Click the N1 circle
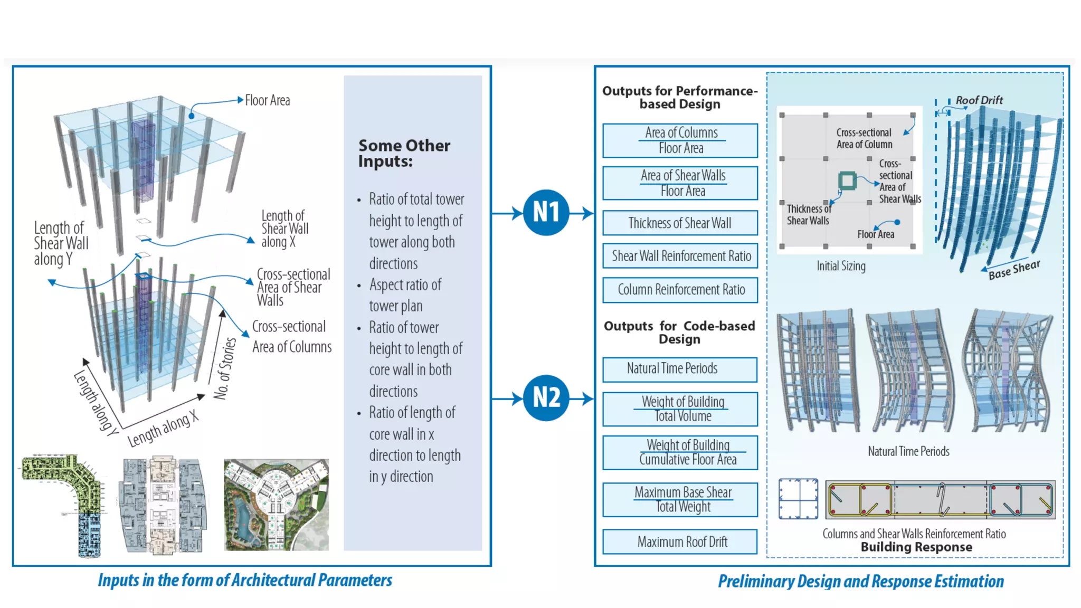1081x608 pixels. click(546, 212)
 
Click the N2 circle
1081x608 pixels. click(546, 397)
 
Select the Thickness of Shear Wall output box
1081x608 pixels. click(680, 223)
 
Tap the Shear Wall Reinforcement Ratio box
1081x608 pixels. click(680, 256)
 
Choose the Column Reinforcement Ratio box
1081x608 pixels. click(680, 290)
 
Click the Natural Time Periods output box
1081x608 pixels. click(680, 369)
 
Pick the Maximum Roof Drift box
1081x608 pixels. click(680, 542)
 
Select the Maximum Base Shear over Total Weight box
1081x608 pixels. click(680, 499)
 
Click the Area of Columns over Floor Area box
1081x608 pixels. click(680, 140)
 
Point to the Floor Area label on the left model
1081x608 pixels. click(268, 100)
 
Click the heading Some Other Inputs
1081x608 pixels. click(404, 153)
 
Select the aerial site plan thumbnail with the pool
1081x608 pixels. click(276, 505)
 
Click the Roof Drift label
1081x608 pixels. click(979, 100)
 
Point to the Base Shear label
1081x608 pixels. click(1014, 269)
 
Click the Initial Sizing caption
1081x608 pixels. click(841, 266)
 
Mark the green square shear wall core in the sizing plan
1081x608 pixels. click(847, 180)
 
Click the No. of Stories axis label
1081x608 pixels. click(225, 368)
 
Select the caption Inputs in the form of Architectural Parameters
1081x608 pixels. click(245, 581)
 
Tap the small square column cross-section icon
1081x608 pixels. click(798, 499)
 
